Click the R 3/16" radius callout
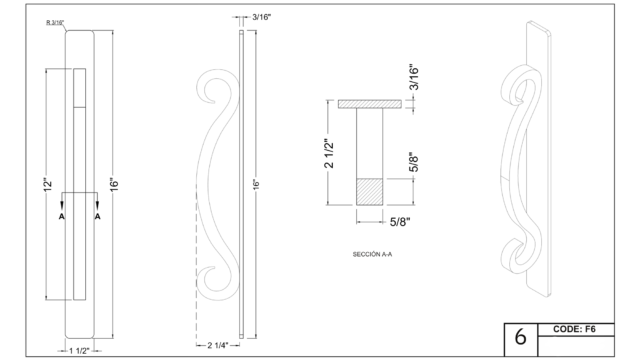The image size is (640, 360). coord(55,22)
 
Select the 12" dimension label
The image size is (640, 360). coord(48,184)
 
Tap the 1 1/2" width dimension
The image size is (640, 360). coord(79,351)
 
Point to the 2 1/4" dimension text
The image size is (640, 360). coord(218,345)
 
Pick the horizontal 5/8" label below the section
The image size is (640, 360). coord(400,222)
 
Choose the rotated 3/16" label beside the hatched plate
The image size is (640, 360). coord(414,77)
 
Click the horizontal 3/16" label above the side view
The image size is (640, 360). coord(262,17)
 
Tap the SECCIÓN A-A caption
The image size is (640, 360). coord(372,254)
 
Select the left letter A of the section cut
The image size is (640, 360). coord(62,216)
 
